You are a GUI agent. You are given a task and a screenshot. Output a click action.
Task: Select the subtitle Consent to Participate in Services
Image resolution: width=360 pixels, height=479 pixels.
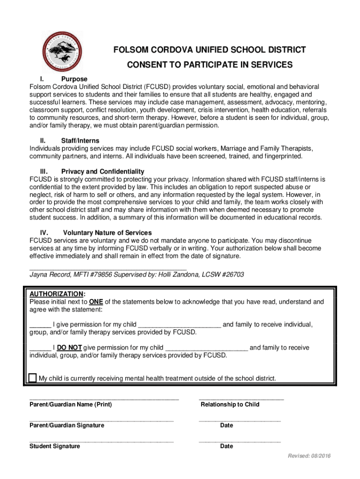click(210, 65)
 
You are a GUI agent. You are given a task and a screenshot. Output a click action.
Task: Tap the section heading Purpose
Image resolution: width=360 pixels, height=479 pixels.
click(74, 79)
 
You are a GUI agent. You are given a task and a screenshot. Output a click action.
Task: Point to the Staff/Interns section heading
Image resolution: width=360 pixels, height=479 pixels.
click(80, 141)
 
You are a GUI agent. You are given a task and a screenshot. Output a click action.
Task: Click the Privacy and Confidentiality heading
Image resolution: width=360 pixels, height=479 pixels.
click(102, 171)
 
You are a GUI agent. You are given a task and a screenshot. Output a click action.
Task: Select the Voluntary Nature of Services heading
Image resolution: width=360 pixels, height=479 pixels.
click(107, 232)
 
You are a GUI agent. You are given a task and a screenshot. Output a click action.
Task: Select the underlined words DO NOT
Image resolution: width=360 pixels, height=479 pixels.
click(70, 348)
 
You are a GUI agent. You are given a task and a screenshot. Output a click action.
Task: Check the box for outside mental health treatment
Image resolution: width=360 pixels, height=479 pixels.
click(33, 377)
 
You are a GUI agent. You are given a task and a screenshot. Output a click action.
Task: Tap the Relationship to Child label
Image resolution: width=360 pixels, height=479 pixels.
click(230, 404)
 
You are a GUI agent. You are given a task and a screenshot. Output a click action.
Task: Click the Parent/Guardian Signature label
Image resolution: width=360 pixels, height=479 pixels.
click(67, 425)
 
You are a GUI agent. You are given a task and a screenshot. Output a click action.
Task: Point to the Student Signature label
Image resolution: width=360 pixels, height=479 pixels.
click(55, 446)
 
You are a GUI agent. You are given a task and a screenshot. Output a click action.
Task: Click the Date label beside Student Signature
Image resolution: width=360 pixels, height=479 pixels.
click(226, 446)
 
